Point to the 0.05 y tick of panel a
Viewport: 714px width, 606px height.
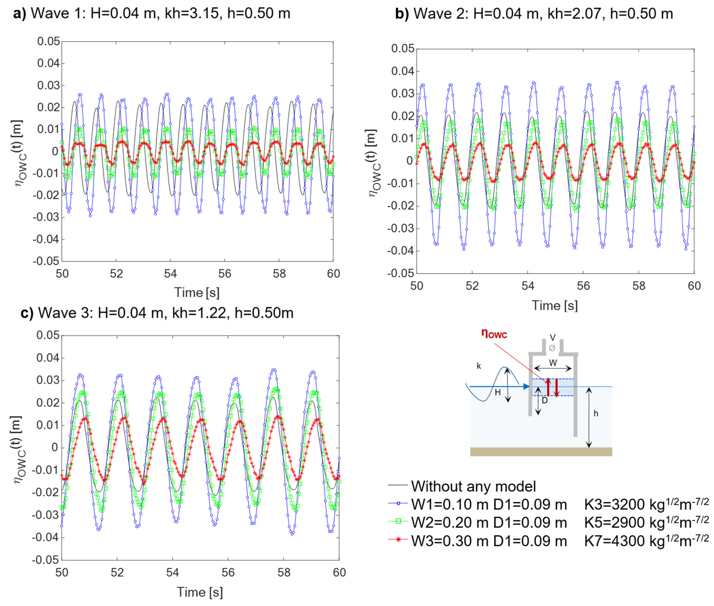(x=48, y=42)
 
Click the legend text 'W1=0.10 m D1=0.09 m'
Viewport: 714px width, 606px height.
(x=489, y=504)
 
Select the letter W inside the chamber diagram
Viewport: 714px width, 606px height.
(x=552, y=363)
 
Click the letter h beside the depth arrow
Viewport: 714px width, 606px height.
(x=596, y=413)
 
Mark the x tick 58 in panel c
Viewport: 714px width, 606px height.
(x=284, y=572)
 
